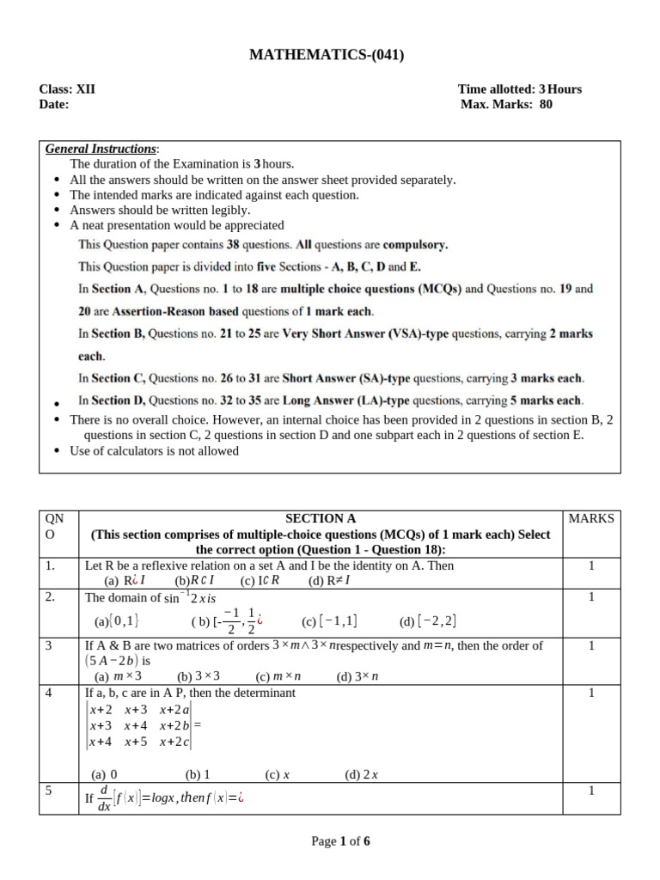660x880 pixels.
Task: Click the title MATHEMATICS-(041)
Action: [x=326, y=55]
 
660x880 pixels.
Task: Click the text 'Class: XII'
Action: [x=68, y=89]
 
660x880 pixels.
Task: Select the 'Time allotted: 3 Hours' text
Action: [x=520, y=89]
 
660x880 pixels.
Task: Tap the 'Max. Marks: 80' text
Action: [x=507, y=105]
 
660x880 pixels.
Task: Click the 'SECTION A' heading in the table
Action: [x=321, y=518]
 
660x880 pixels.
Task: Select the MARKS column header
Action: [x=591, y=518]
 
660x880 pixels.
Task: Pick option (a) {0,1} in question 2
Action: [x=117, y=621]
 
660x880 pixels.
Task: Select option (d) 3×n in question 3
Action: [x=357, y=676]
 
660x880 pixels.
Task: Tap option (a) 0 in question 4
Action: [x=106, y=774]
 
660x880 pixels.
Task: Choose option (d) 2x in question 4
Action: [x=362, y=774]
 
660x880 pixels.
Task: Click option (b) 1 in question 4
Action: [x=199, y=774]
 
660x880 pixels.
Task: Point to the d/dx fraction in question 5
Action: [x=103, y=797]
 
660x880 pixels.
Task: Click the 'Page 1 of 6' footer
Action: [x=340, y=841]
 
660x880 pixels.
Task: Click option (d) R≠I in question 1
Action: [x=329, y=580]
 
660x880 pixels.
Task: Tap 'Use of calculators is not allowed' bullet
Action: [x=155, y=450]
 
